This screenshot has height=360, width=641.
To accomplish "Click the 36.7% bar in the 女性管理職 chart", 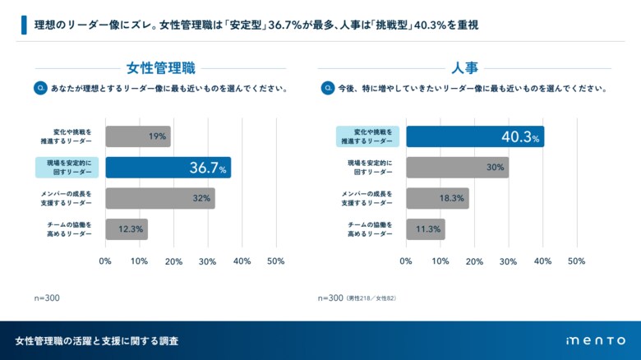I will point(168,168).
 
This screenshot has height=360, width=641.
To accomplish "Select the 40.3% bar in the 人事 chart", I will point(474,136).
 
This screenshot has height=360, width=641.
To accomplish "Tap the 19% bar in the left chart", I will point(137,136).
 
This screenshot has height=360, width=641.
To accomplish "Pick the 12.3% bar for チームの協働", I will point(126,229).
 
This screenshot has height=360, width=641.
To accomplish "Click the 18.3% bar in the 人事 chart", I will point(437,198).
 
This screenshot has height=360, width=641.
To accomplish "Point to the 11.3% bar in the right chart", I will point(425,229).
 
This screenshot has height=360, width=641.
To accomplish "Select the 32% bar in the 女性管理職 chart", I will point(159,198).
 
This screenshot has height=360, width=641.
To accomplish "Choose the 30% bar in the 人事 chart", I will point(457,168).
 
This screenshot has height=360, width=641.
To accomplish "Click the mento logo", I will point(596,340).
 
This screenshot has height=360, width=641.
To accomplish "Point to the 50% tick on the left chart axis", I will point(276,261).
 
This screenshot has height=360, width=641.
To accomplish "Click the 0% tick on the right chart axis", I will point(406,261).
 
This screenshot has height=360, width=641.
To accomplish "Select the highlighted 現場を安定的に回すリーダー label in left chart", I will point(67,168).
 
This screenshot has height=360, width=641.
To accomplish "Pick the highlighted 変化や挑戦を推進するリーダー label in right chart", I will point(367,136).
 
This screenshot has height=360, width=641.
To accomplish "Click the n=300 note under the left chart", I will point(47,298).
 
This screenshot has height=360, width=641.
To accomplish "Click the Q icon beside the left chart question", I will point(39,88).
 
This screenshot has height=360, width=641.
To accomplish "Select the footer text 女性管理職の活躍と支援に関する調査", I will point(97,340).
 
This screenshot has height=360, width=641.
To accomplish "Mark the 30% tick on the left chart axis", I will point(208,261).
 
